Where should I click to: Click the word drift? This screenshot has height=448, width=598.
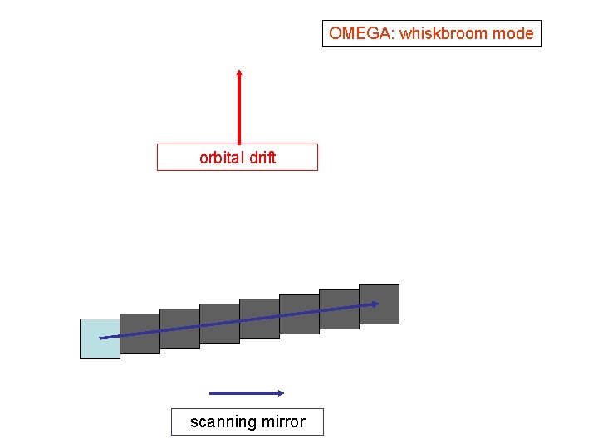261,158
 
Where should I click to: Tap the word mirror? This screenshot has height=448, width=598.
283,421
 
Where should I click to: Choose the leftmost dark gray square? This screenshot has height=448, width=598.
140,334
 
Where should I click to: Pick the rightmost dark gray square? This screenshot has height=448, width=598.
379,304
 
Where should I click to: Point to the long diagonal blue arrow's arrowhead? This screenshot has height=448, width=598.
375,304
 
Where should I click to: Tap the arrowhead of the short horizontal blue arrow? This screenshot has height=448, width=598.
282,393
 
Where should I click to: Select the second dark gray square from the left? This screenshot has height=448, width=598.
179,329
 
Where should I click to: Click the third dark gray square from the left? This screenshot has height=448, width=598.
219,324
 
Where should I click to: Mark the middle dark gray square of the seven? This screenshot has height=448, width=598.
259,319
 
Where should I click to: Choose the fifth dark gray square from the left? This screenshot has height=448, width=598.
299,314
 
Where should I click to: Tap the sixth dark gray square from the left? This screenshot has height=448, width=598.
339,309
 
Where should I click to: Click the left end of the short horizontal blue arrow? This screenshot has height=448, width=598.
212,393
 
